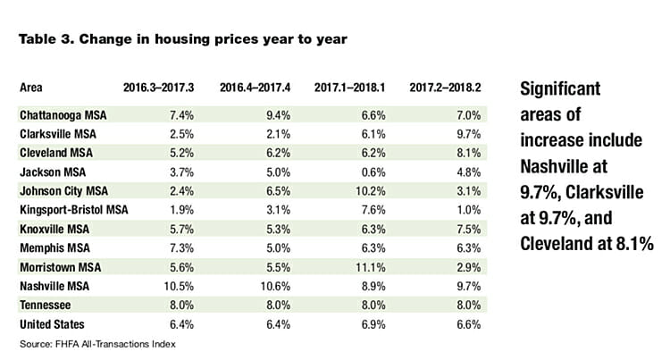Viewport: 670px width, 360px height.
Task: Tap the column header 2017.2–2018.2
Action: (447, 88)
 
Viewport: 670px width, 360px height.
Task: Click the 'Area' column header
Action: (31, 88)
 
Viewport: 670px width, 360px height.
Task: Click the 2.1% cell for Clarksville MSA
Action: (275, 133)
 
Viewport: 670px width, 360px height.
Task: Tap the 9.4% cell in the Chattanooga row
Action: (275, 115)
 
